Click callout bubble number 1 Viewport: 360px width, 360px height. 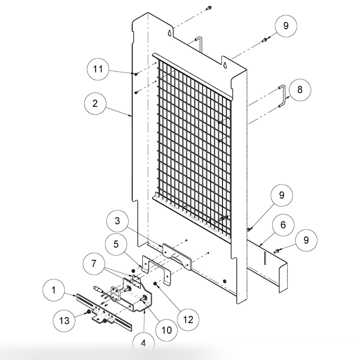pyautogui.click(x=54, y=290)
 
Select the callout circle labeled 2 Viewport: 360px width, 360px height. pyautogui.click(x=95, y=104)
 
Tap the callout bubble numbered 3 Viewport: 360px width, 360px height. pyautogui.click(x=117, y=220)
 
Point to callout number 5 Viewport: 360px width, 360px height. pyautogui.click(x=116, y=244)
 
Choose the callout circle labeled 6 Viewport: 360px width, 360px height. pyautogui.click(x=283, y=225)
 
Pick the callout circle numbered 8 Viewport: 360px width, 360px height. pyautogui.click(x=299, y=90)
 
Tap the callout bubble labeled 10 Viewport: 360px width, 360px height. pyautogui.click(x=167, y=330)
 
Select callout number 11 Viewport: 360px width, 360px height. pyautogui.click(x=98, y=69)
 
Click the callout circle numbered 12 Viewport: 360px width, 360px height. pyautogui.click(x=188, y=319)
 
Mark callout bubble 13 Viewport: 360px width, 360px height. pyautogui.click(x=65, y=320)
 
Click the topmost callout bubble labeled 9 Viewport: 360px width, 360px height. pyautogui.click(x=286, y=25)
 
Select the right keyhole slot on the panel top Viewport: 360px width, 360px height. pyautogui.click(x=225, y=65)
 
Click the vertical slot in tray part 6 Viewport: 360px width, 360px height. pyautogui.click(x=264, y=258)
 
